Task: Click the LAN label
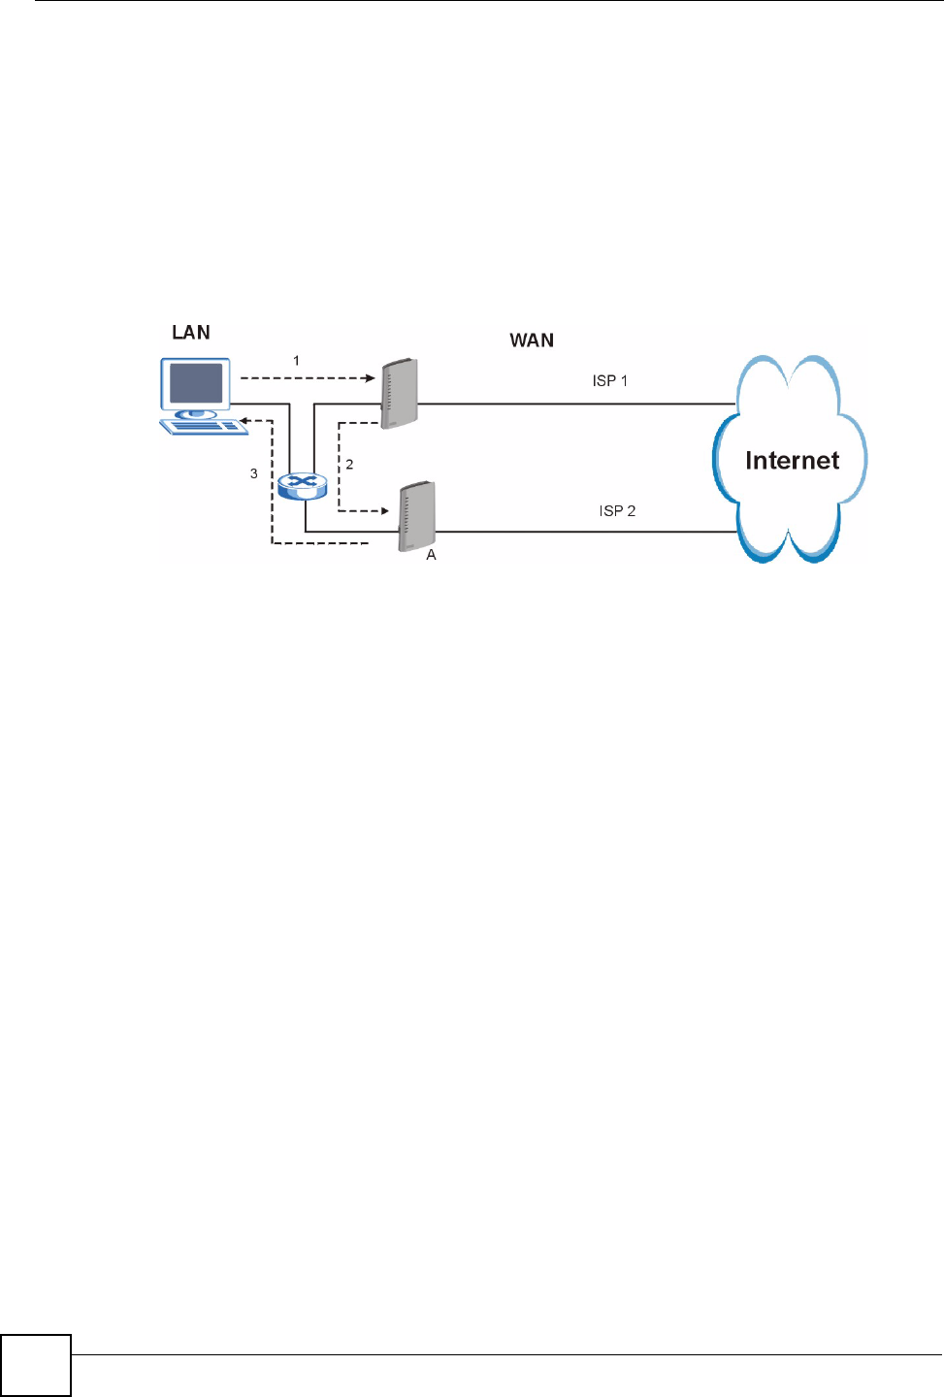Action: point(191,333)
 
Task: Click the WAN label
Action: point(532,341)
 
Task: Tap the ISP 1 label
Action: point(610,381)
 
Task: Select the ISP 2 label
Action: point(617,511)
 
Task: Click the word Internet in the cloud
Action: point(792,461)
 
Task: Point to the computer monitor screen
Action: point(196,384)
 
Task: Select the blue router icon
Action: point(302,484)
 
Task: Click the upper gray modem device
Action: point(399,393)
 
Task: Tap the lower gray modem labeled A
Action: point(416,515)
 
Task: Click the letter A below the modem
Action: point(432,556)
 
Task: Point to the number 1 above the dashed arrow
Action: point(297,361)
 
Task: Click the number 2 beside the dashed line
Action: point(350,465)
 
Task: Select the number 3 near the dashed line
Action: point(254,474)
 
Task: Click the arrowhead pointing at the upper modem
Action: point(371,377)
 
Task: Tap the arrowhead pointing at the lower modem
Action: point(385,510)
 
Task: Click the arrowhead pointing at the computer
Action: point(244,421)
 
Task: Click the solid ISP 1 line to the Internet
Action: point(582,404)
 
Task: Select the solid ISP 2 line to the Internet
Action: point(582,532)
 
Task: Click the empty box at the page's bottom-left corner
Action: point(36,1365)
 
